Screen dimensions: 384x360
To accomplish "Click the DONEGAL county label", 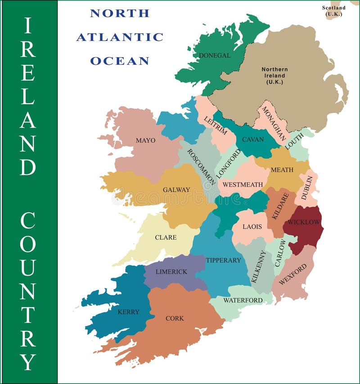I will [215, 55].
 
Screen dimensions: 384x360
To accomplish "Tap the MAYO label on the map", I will [145, 140].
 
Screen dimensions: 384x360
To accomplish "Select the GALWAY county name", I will [176, 190].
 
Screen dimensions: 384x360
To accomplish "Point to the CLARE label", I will [166, 237].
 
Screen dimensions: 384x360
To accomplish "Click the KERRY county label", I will [128, 312].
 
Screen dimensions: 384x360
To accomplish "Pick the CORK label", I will [175, 318].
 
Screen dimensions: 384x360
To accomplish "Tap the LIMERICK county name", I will [171, 272].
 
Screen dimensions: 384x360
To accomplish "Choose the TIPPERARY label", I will [223, 260].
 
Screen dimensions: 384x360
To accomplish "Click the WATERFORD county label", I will [243, 300].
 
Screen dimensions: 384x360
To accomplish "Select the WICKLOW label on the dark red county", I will [304, 222].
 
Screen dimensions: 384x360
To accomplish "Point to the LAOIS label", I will [252, 227].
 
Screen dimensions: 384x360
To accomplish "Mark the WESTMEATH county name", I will [243, 184].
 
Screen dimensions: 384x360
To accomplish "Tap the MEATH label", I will [282, 170].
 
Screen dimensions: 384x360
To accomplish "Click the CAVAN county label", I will [253, 139].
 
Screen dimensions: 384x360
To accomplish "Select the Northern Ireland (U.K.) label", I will [274, 76].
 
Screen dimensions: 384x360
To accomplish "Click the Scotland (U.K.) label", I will [334, 11].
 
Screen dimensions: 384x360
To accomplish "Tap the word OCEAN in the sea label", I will [120, 61].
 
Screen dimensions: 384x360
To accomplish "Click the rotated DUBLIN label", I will [307, 188].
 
